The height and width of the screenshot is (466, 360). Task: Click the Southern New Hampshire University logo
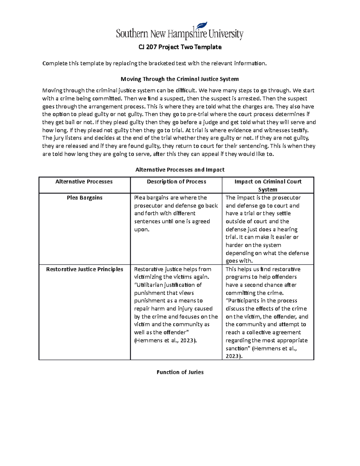tap(179, 33)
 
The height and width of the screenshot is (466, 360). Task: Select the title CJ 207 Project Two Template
tap(180, 47)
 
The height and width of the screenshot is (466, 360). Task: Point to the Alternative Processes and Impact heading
tap(180, 170)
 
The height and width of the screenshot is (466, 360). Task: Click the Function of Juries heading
tap(180, 372)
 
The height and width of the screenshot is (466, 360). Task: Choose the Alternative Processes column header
tap(84, 182)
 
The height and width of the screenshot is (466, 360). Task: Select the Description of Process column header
tap(176, 182)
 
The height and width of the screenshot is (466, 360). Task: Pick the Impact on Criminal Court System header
tap(268, 185)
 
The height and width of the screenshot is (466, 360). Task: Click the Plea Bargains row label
tap(85, 198)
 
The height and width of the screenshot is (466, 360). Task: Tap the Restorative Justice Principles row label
tap(85, 269)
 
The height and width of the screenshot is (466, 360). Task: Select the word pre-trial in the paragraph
tap(198, 114)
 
